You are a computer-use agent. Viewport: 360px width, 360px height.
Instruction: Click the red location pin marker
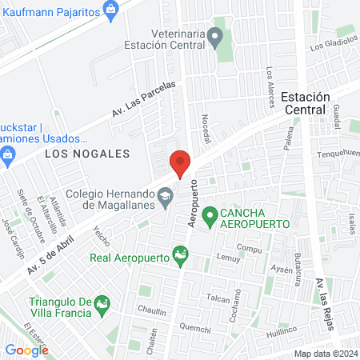181,163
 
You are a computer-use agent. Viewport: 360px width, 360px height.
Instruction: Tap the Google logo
26,350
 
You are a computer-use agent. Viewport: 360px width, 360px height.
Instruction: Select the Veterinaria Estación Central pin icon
214,35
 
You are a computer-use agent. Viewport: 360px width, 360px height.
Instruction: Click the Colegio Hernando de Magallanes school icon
165,196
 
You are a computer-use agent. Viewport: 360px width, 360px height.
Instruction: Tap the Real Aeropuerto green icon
181,256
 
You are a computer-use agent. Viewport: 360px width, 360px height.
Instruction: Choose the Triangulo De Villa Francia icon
102,304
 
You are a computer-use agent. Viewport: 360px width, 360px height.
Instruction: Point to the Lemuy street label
228,258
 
